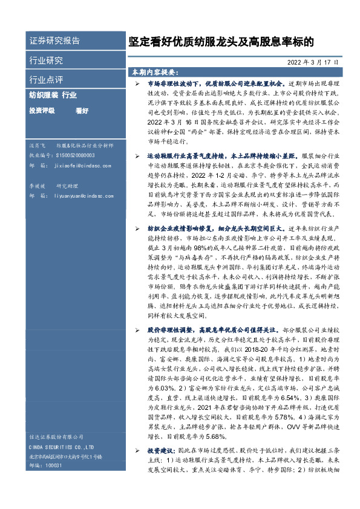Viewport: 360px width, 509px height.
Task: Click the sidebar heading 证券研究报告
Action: click(x=54, y=41)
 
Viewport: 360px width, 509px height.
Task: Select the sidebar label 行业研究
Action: click(x=46, y=60)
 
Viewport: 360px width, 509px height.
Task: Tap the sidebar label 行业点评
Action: click(x=46, y=79)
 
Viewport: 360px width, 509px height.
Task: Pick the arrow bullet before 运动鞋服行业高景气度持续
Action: click(x=137, y=156)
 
